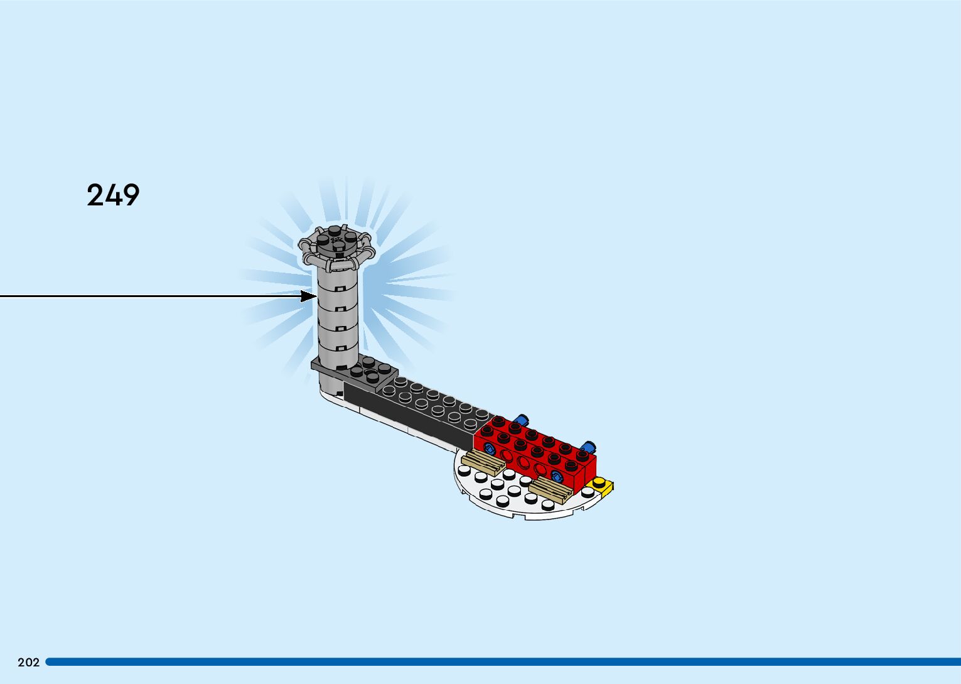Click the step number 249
pyautogui.click(x=113, y=195)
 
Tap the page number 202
pyautogui.click(x=28, y=662)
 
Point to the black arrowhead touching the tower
pyautogui.click(x=309, y=296)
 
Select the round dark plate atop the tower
pyautogui.click(x=337, y=242)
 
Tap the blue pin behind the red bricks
pyautogui.click(x=520, y=420)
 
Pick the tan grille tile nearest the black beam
pyautogui.click(x=482, y=464)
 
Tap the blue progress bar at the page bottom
pyautogui.click(x=502, y=661)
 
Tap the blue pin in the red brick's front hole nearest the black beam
pyautogui.click(x=490, y=448)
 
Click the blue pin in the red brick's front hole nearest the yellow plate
pyautogui.click(x=556, y=475)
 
